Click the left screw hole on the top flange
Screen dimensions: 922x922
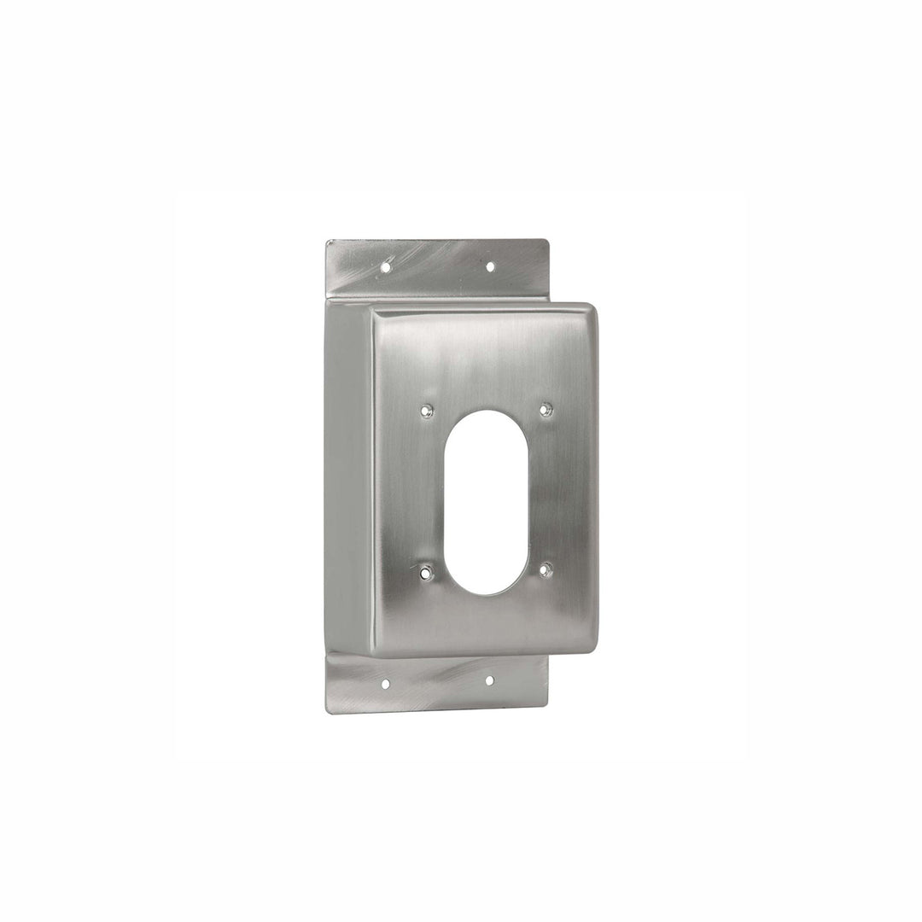click(x=385, y=267)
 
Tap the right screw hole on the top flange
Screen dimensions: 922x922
click(x=490, y=266)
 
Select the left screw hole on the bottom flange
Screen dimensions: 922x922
click(x=385, y=684)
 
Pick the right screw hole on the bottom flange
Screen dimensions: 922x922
click(x=489, y=680)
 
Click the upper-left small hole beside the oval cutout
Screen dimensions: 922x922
click(x=427, y=411)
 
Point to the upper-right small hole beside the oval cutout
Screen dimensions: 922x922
click(x=546, y=410)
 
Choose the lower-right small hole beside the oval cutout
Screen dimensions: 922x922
click(x=546, y=569)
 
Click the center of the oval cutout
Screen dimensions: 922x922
click(x=486, y=502)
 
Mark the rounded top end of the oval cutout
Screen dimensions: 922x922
click(x=486, y=412)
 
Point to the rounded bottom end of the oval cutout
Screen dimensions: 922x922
click(x=486, y=592)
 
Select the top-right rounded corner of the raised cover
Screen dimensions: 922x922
click(x=589, y=310)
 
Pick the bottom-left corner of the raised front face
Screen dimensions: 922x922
click(x=374, y=654)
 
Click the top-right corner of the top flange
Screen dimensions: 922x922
click(x=546, y=241)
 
